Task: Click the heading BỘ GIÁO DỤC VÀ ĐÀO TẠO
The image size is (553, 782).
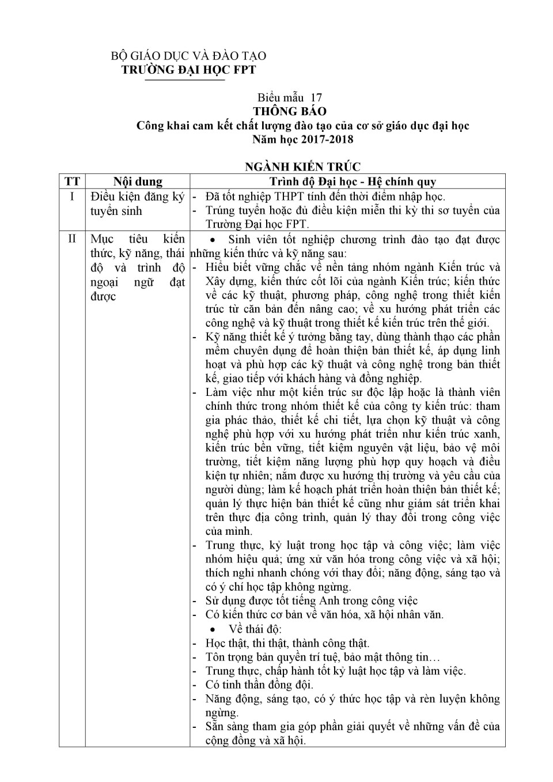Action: point(188,56)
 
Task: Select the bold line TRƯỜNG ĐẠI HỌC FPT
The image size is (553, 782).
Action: point(188,70)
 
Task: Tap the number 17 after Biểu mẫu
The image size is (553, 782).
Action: point(316,97)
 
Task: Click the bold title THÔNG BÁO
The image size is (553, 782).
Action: point(290,111)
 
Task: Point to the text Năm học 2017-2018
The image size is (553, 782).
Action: point(303,139)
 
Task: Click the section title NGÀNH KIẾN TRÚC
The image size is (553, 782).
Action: point(303,167)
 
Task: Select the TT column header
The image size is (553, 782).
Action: point(73,182)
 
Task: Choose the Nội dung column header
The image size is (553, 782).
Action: point(138,182)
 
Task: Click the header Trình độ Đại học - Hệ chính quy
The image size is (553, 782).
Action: point(353,182)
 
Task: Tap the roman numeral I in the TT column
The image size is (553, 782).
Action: point(72,197)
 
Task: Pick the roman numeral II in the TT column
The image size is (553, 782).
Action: point(72,239)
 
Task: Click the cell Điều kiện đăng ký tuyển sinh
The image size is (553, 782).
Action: point(137,203)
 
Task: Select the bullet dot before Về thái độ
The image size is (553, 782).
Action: point(213,629)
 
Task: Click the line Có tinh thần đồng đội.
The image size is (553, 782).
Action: point(259,685)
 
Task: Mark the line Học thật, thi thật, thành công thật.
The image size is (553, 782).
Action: point(287,643)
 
